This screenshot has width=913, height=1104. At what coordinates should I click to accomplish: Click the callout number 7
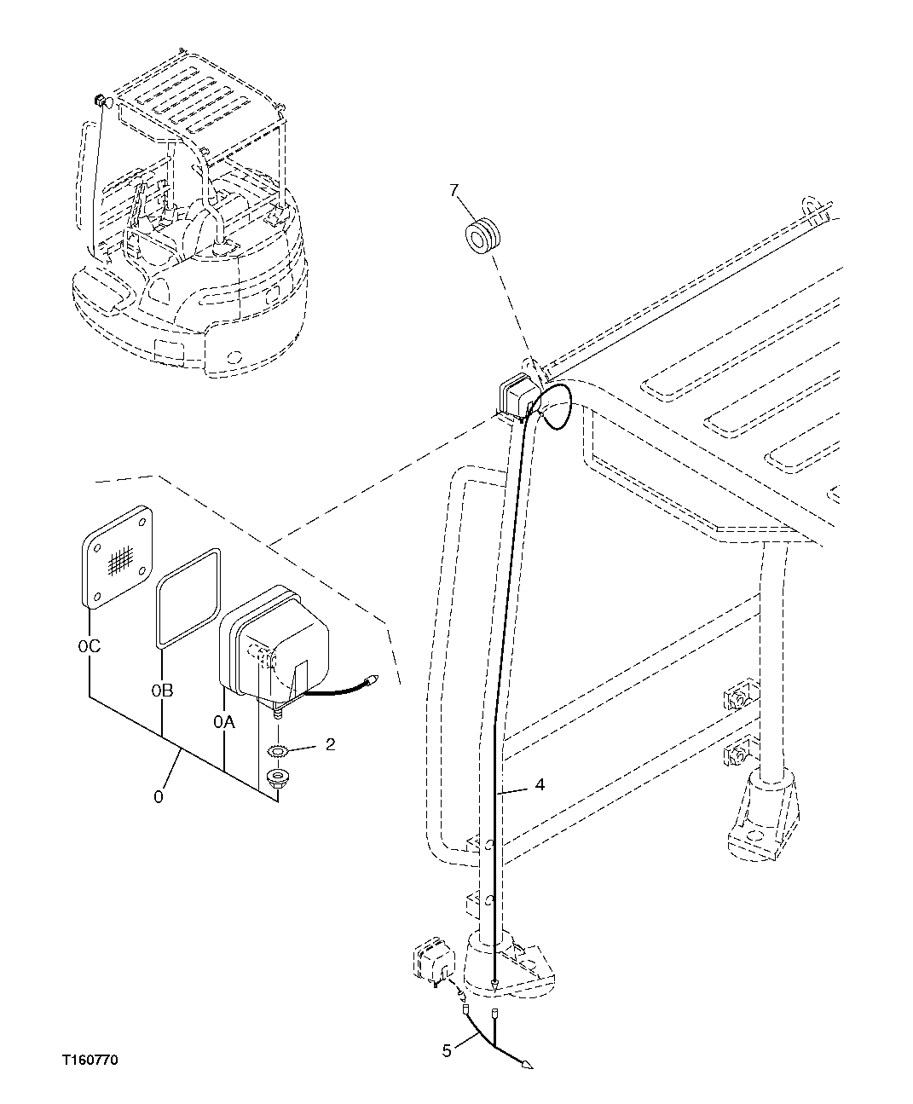tap(454, 190)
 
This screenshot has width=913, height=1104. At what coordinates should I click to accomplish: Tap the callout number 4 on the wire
tap(540, 784)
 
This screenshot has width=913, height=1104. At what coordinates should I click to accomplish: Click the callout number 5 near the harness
tap(447, 1051)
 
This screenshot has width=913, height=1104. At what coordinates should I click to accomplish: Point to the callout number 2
tap(330, 744)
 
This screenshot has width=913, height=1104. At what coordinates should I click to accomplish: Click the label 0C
tap(89, 646)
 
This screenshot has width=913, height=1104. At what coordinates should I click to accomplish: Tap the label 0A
tap(223, 722)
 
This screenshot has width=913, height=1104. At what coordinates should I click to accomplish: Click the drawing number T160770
tap(90, 1061)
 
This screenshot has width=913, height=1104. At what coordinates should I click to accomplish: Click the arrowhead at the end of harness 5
tap(527, 1065)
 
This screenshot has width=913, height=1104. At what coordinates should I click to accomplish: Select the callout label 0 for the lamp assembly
tap(158, 796)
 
